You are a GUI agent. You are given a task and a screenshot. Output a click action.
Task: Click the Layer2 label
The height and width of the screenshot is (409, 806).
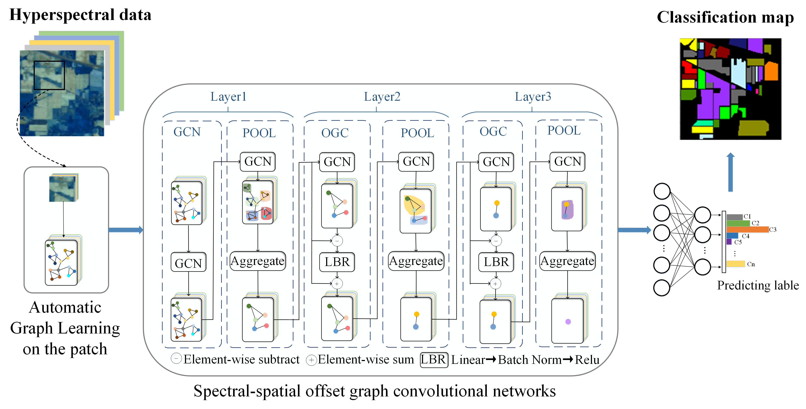point(382,97)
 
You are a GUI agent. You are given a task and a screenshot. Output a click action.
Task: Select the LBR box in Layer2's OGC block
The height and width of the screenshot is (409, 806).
point(337,262)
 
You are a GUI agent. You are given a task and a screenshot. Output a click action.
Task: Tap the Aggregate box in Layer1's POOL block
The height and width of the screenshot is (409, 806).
point(258,261)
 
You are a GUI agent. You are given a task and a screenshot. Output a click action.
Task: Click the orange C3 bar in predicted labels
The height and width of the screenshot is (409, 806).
point(747,230)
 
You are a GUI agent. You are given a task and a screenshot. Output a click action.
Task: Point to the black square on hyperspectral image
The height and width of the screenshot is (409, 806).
point(49,75)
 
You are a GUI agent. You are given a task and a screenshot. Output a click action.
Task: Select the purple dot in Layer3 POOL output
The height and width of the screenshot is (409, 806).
point(568,322)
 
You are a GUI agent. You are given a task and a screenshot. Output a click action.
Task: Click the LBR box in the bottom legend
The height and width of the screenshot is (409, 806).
point(434,360)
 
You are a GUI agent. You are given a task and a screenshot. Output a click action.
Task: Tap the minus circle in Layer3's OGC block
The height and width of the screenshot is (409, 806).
point(496,241)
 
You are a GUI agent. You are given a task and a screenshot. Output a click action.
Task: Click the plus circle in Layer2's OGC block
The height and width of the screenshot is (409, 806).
point(337,284)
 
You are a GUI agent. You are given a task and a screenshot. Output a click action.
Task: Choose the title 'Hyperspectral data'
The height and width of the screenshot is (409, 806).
point(80,15)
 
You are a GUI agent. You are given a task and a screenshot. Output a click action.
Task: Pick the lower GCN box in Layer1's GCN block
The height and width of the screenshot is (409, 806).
point(188,263)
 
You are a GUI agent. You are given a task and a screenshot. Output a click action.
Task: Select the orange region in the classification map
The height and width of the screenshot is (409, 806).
point(771,71)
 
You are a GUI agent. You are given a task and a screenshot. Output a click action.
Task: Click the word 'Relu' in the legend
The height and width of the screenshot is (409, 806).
point(587,360)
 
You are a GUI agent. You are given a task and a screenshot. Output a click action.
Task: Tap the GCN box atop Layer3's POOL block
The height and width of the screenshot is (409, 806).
point(567,162)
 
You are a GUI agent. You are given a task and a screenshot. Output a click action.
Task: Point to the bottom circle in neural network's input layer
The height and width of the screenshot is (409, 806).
point(661,288)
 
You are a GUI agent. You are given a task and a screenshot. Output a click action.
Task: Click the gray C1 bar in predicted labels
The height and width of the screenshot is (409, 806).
point(734,217)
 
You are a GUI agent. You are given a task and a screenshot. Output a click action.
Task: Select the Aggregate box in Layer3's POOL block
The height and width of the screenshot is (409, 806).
point(567,261)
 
